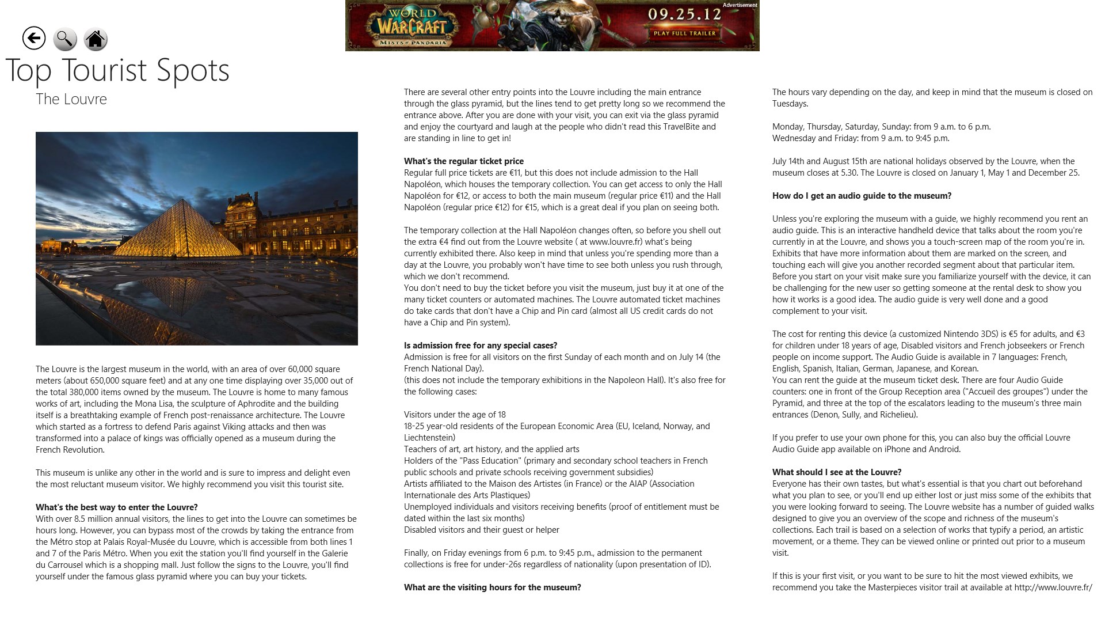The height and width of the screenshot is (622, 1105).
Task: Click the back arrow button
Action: pyautogui.click(x=34, y=39)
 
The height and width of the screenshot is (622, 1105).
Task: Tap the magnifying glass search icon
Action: pyautogui.click(x=65, y=39)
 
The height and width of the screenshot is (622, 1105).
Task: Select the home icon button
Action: pyautogui.click(x=96, y=39)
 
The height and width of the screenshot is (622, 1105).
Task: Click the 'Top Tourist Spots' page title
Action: pyautogui.click(x=117, y=70)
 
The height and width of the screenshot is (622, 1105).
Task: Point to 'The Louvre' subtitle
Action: pyautogui.click(x=71, y=99)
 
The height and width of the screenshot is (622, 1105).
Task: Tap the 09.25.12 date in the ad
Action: pyautogui.click(x=684, y=14)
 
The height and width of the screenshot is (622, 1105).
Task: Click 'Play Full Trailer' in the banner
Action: pyautogui.click(x=684, y=33)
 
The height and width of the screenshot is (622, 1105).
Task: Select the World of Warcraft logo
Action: pyautogui.click(x=411, y=26)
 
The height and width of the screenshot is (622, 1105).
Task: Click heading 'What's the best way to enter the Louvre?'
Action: pyautogui.click(x=117, y=507)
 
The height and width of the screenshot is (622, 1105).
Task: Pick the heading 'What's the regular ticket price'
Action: pyautogui.click(x=464, y=161)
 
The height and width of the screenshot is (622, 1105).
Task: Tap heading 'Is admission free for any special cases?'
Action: pyautogui.click(x=481, y=346)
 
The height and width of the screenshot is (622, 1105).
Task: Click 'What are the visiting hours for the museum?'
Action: pyautogui.click(x=493, y=587)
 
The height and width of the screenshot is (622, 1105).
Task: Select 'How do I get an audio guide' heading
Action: pyautogui.click(x=862, y=196)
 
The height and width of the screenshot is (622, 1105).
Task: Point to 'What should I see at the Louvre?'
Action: pyautogui.click(x=837, y=472)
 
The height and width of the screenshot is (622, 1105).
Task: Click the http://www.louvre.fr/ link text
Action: pyautogui.click(x=1053, y=587)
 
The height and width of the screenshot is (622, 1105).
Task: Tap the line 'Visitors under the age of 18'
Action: pyautogui.click(x=455, y=415)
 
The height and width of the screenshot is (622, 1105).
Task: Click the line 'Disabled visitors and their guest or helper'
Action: pyautogui.click(x=482, y=530)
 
